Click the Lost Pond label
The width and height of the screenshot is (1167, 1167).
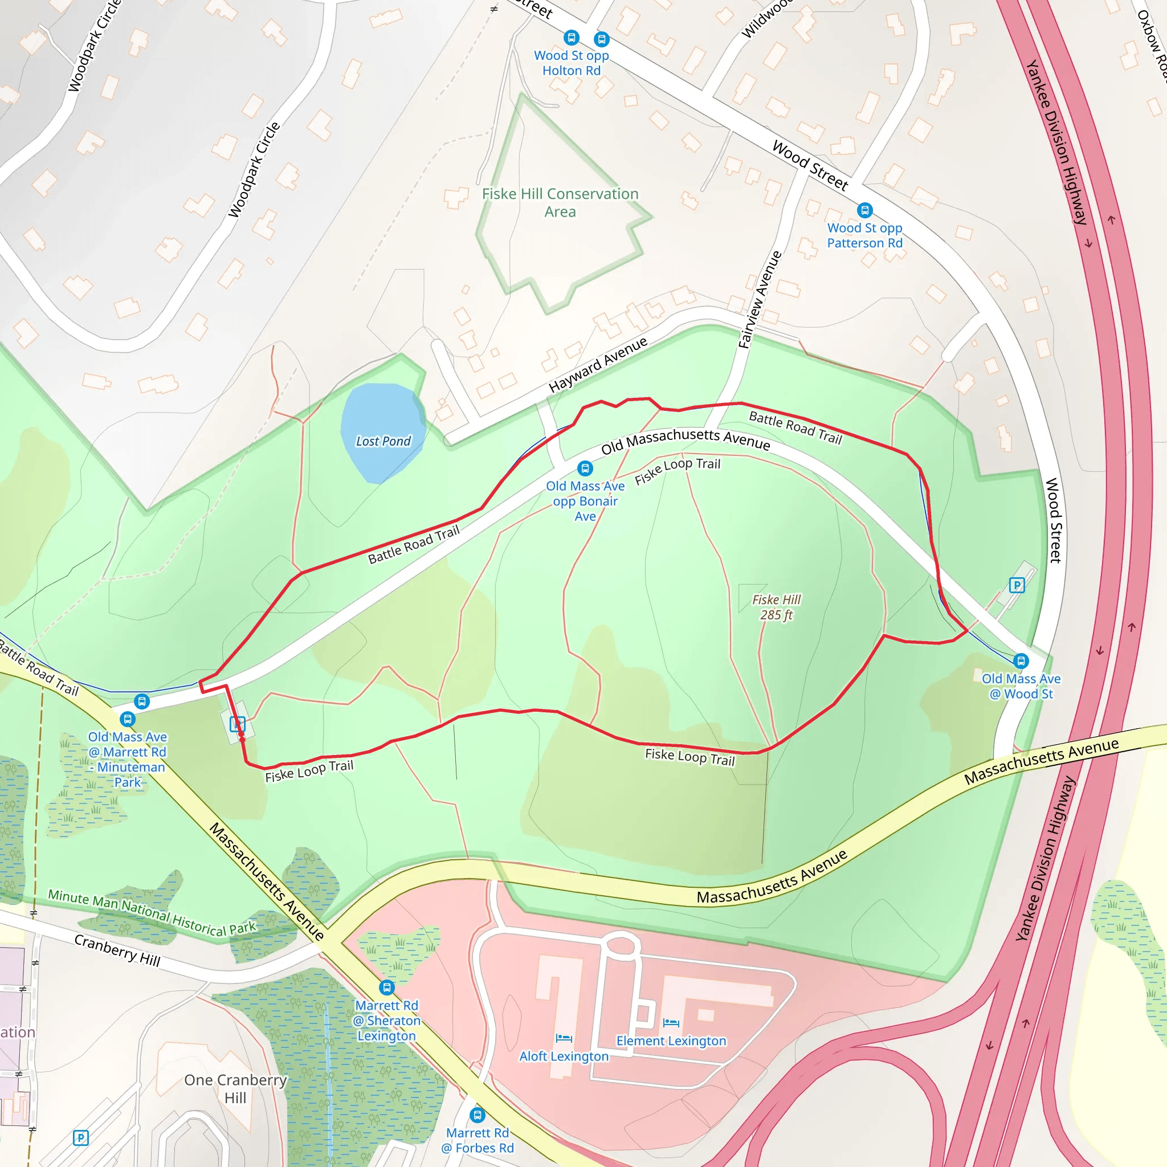click(x=383, y=442)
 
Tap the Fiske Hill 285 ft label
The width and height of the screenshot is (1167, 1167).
click(x=776, y=607)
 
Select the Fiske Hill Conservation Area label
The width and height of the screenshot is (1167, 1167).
click(x=560, y=202)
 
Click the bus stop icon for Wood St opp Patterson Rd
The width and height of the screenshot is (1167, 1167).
click(x=865, y=210)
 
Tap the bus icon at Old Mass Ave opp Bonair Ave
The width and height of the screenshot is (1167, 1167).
click(x=585, y=468)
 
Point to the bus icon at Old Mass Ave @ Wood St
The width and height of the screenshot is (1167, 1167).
click(x=1021, y=661)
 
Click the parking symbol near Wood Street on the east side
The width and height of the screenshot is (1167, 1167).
click(x=1017, y=585)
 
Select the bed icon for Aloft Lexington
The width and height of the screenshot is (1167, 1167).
click(x=564, y=1038)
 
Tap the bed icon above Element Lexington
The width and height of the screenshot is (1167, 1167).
click(x=671, y=1023)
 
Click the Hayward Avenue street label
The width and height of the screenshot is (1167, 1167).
click(x=597, y=365)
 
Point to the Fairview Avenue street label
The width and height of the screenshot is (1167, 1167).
click(x=760, y=300)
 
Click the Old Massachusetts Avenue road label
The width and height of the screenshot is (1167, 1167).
click(x=685, y=440)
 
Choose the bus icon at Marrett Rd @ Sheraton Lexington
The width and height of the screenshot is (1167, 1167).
click(x=386, y=988)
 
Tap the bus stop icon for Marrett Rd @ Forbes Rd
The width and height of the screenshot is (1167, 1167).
click(x=477, y=1115)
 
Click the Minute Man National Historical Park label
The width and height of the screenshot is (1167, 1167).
click(x=152, y=913)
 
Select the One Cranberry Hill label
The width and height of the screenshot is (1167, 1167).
click(x=235, y=1088)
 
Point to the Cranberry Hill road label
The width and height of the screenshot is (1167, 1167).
click(x=117, y=950)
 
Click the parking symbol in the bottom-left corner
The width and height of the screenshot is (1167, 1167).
click(x=81, y=1138)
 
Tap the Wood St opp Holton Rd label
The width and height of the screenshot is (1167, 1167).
click(x=572, y=63)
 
